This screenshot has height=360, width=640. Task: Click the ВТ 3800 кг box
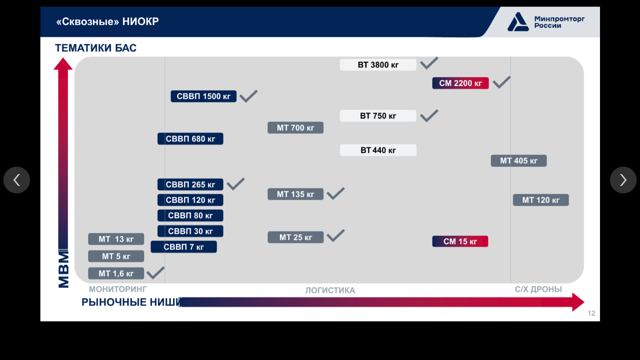tap(378, 65)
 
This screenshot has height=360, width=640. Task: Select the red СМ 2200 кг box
tap(460, 83)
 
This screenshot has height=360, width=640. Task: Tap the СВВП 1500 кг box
tap(204, 96)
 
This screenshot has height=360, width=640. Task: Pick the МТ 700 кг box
tap(296, 128)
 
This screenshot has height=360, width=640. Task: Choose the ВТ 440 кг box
tap(378, 150)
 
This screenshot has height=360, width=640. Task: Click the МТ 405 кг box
tap(518, 161)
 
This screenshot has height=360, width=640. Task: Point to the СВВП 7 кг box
tap(184, 247)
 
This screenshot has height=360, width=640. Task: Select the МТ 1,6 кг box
tap(116, 274)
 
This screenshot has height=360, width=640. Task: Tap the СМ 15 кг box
tap(460, 242)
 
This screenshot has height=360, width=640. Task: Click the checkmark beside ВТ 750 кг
tap(429, 116)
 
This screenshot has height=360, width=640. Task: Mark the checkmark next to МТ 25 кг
tap(336, 236)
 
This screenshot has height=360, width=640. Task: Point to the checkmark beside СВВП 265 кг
tap(236, 184)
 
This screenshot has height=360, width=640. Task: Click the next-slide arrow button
tap(623, 180)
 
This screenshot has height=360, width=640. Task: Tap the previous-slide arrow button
tap(16, 180)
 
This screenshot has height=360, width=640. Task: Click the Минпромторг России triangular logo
tap(518, 22)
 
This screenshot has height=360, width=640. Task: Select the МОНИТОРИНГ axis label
tap(118, 289)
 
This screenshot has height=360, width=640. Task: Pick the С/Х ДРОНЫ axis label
tap(538, 289)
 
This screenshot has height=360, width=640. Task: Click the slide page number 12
tap(592, 314)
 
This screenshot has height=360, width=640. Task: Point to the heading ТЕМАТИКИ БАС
tap(96, 48)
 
